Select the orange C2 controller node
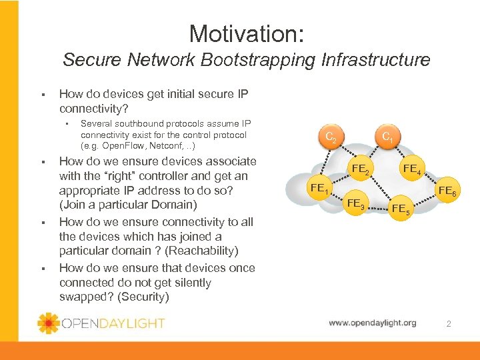(329, 138)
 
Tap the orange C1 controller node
(388, 138)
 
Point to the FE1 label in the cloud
(321, 189)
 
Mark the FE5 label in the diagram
(402, 209)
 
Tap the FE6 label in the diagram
(446, 192)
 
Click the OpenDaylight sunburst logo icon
(49, 323)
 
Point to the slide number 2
(449, 324)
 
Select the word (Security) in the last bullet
(143, 297)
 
